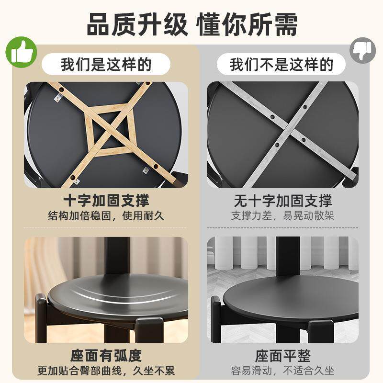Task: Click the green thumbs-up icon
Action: coord(21,52)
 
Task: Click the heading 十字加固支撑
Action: coord(106,200)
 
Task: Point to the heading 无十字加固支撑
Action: coord(282,200)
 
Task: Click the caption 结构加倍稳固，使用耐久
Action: coord(106,215)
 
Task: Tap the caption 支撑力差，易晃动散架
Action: coord(282,215)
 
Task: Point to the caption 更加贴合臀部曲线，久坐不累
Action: coord(106,371)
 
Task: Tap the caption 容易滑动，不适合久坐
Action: coord(282,371)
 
